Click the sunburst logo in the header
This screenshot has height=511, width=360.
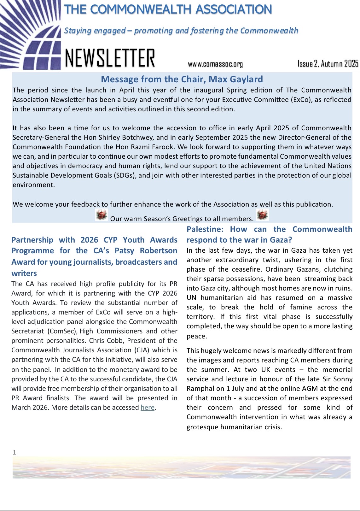(30, 35)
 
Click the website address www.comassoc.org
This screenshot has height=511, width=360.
(215, 64)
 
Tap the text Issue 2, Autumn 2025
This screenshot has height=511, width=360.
(328, 64)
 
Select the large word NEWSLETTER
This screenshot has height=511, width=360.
(110, 59)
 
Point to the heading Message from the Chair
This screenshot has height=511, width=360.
(182, 79)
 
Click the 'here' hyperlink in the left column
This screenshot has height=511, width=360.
(147, 408)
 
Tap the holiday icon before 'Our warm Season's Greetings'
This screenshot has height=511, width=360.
(102, 215)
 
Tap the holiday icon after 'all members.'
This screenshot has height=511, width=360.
(262, 215)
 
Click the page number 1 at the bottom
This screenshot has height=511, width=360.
(14, 452)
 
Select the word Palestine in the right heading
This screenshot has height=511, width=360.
(204, 229)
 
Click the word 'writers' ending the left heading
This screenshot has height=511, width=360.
(24, 273)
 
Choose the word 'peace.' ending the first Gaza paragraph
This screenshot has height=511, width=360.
(197, 336)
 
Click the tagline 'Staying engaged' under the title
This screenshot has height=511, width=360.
(95, 31)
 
